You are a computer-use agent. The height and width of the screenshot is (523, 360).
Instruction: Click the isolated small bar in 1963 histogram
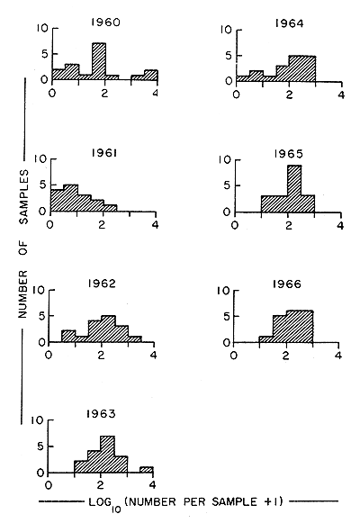pos(146,469)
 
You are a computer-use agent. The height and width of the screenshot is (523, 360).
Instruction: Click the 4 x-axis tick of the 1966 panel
pos(339,356)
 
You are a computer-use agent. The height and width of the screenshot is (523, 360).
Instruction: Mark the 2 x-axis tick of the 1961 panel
pos(104,225)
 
